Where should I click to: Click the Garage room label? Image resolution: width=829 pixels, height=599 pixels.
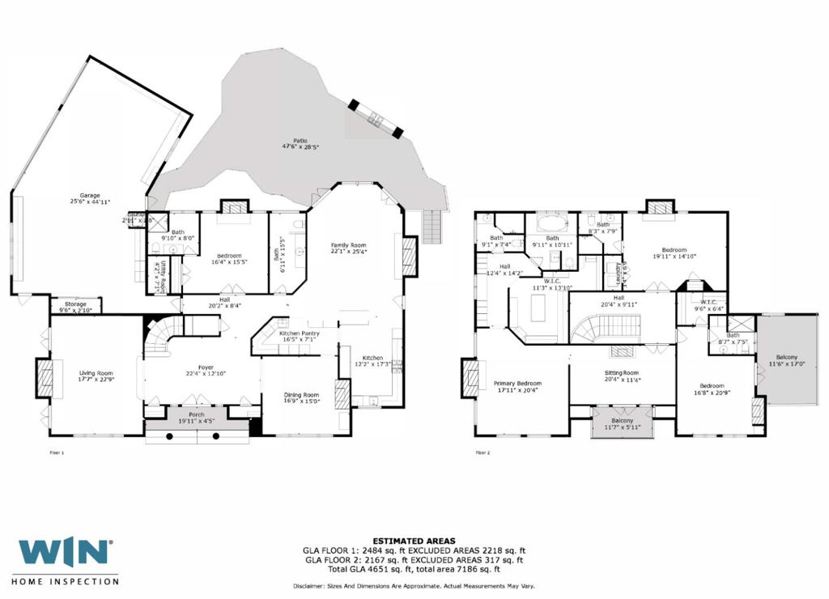(89, 195)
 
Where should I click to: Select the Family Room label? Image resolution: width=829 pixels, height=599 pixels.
(349, 244)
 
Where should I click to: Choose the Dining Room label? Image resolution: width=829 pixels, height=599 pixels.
(301, 394)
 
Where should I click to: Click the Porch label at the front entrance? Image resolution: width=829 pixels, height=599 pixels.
(197, 414)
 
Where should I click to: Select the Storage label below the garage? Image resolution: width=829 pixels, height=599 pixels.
(75, 304)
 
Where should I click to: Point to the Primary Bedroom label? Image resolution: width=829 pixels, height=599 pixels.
(517, 383)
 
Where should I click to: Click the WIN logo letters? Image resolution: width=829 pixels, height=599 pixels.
(65, 552)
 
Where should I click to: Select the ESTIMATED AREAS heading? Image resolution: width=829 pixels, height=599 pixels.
(414, 541)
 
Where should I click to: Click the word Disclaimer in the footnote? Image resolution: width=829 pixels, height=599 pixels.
(308, 586)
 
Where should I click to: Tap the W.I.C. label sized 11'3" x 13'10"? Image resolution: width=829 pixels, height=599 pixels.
(553, 282)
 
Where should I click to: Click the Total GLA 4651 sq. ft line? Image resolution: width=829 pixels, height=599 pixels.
(414, 569)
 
